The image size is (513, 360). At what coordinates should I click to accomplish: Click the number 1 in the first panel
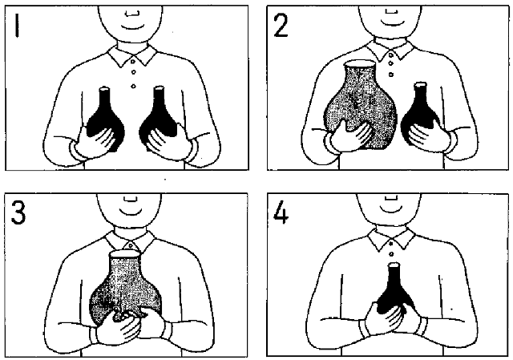tap(17, 26)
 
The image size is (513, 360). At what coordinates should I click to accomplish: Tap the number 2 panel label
tap(281, 26)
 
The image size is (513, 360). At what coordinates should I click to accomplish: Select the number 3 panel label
tap(18, 212)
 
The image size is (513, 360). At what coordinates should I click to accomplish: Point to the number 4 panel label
tap(281, 213)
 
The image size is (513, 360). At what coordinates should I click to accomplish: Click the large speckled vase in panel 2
tap(360, 105)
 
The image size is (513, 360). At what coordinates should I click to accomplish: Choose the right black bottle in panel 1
tap(159, 118)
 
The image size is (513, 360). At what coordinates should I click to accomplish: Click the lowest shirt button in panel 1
tap(133, 86)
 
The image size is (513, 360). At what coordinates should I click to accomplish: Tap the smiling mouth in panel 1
tap(132, 26)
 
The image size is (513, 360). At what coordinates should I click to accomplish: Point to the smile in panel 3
tap(131, 212)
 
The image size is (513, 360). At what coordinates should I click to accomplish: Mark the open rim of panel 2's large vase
tap(360, 63)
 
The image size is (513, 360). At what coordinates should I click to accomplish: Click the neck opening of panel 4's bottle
tap(394, 265)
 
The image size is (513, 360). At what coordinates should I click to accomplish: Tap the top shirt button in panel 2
tap(390, 55)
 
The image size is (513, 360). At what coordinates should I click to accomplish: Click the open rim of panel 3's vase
tap(125, 254)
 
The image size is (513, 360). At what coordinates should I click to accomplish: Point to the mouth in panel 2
tap(392, 22)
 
